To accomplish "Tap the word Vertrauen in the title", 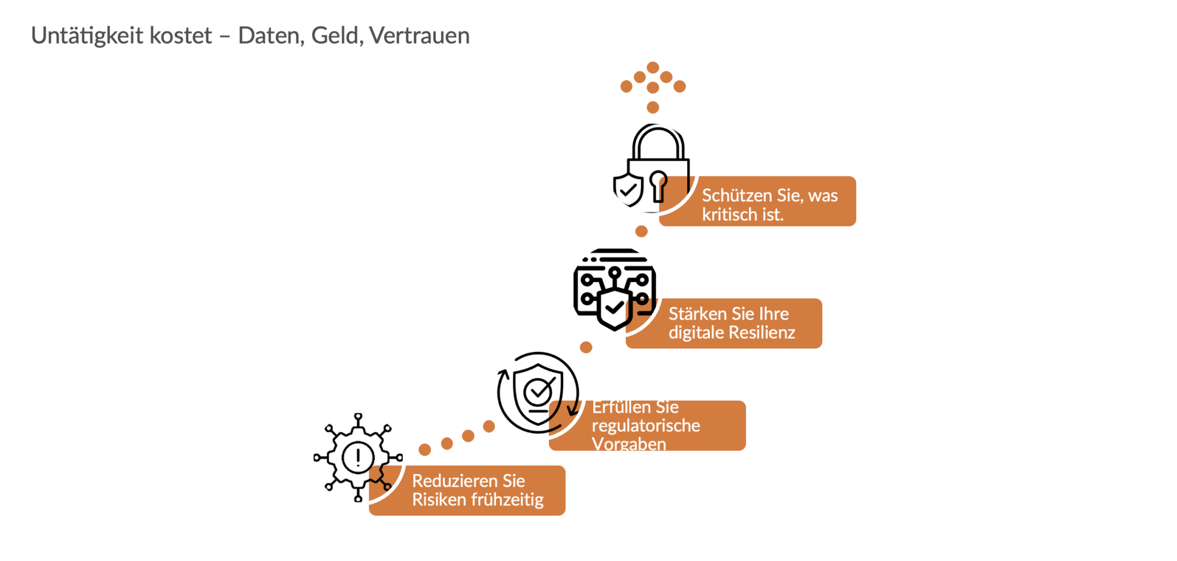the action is click(x=420, y=36).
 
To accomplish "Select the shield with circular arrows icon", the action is click(x=538, y=392).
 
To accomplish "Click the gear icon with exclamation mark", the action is click(x=358, y=458).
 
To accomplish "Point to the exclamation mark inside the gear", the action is click(x=358, y=458).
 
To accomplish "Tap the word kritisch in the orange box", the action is click(x=729, y=215).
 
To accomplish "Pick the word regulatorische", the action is click(x=646, y=426).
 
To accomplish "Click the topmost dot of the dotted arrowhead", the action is click(x=653, y=67).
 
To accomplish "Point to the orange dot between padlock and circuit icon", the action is click(x=641, y=231).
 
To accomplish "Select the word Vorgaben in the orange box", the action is click(x=629, y=444).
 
